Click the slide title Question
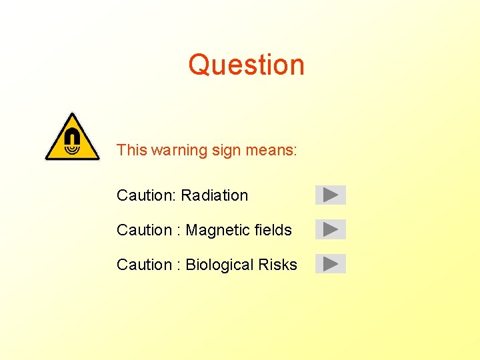pyautogui.click(x=246, y=65)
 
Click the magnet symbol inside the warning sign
pyautogui.click(x=72, y=141)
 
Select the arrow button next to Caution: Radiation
pyautogui.click(x=331, y=195)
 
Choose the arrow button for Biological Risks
pyautogui.click(x=331, y=264)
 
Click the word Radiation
pyautogui.click(x=214, y=195)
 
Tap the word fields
pyautogui.click(x=274, y=230)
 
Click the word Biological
pyautogui.click(x=219, y=265)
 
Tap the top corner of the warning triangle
pyautogui.click(x=72, y=114)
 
